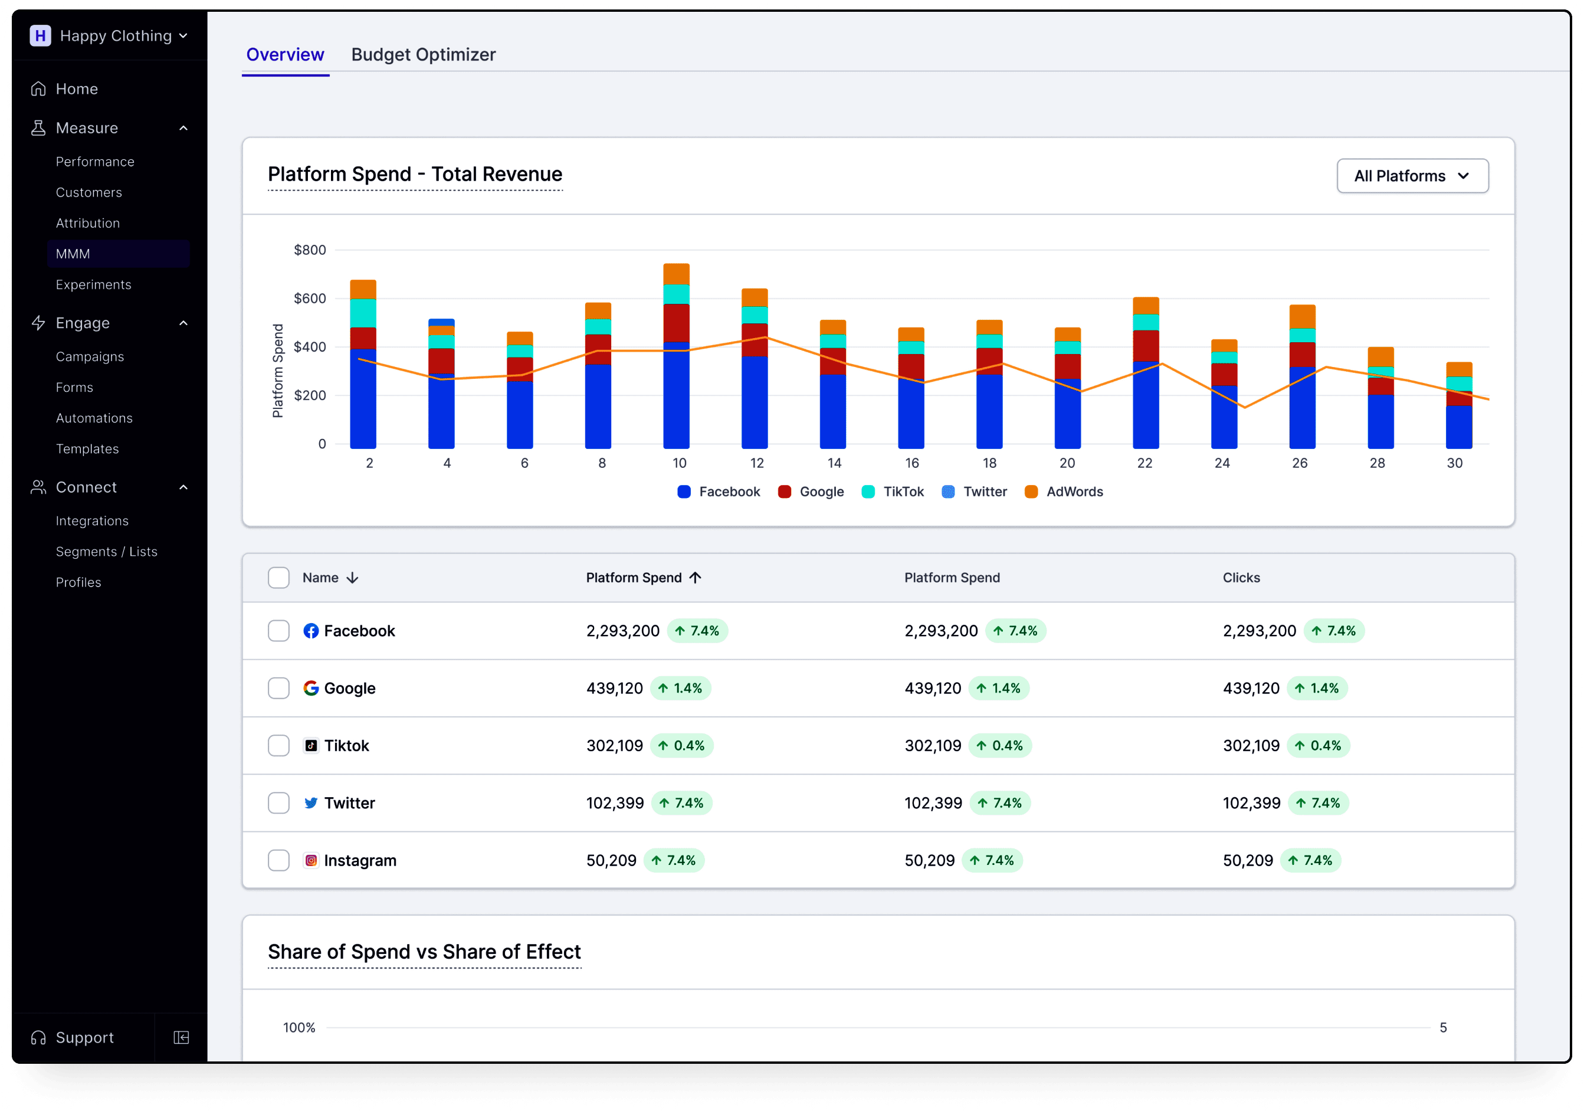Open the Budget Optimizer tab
423,54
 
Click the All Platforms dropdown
1412,176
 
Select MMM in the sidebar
73,254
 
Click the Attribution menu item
88,223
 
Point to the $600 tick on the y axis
310,298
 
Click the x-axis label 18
989,463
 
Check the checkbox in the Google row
278,688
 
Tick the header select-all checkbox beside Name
278,578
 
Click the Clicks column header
1241,578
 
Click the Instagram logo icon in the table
311,860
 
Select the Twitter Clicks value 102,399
1251,803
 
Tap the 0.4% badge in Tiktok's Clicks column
1318,745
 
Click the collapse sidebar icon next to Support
182,1037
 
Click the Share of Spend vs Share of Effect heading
424,952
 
